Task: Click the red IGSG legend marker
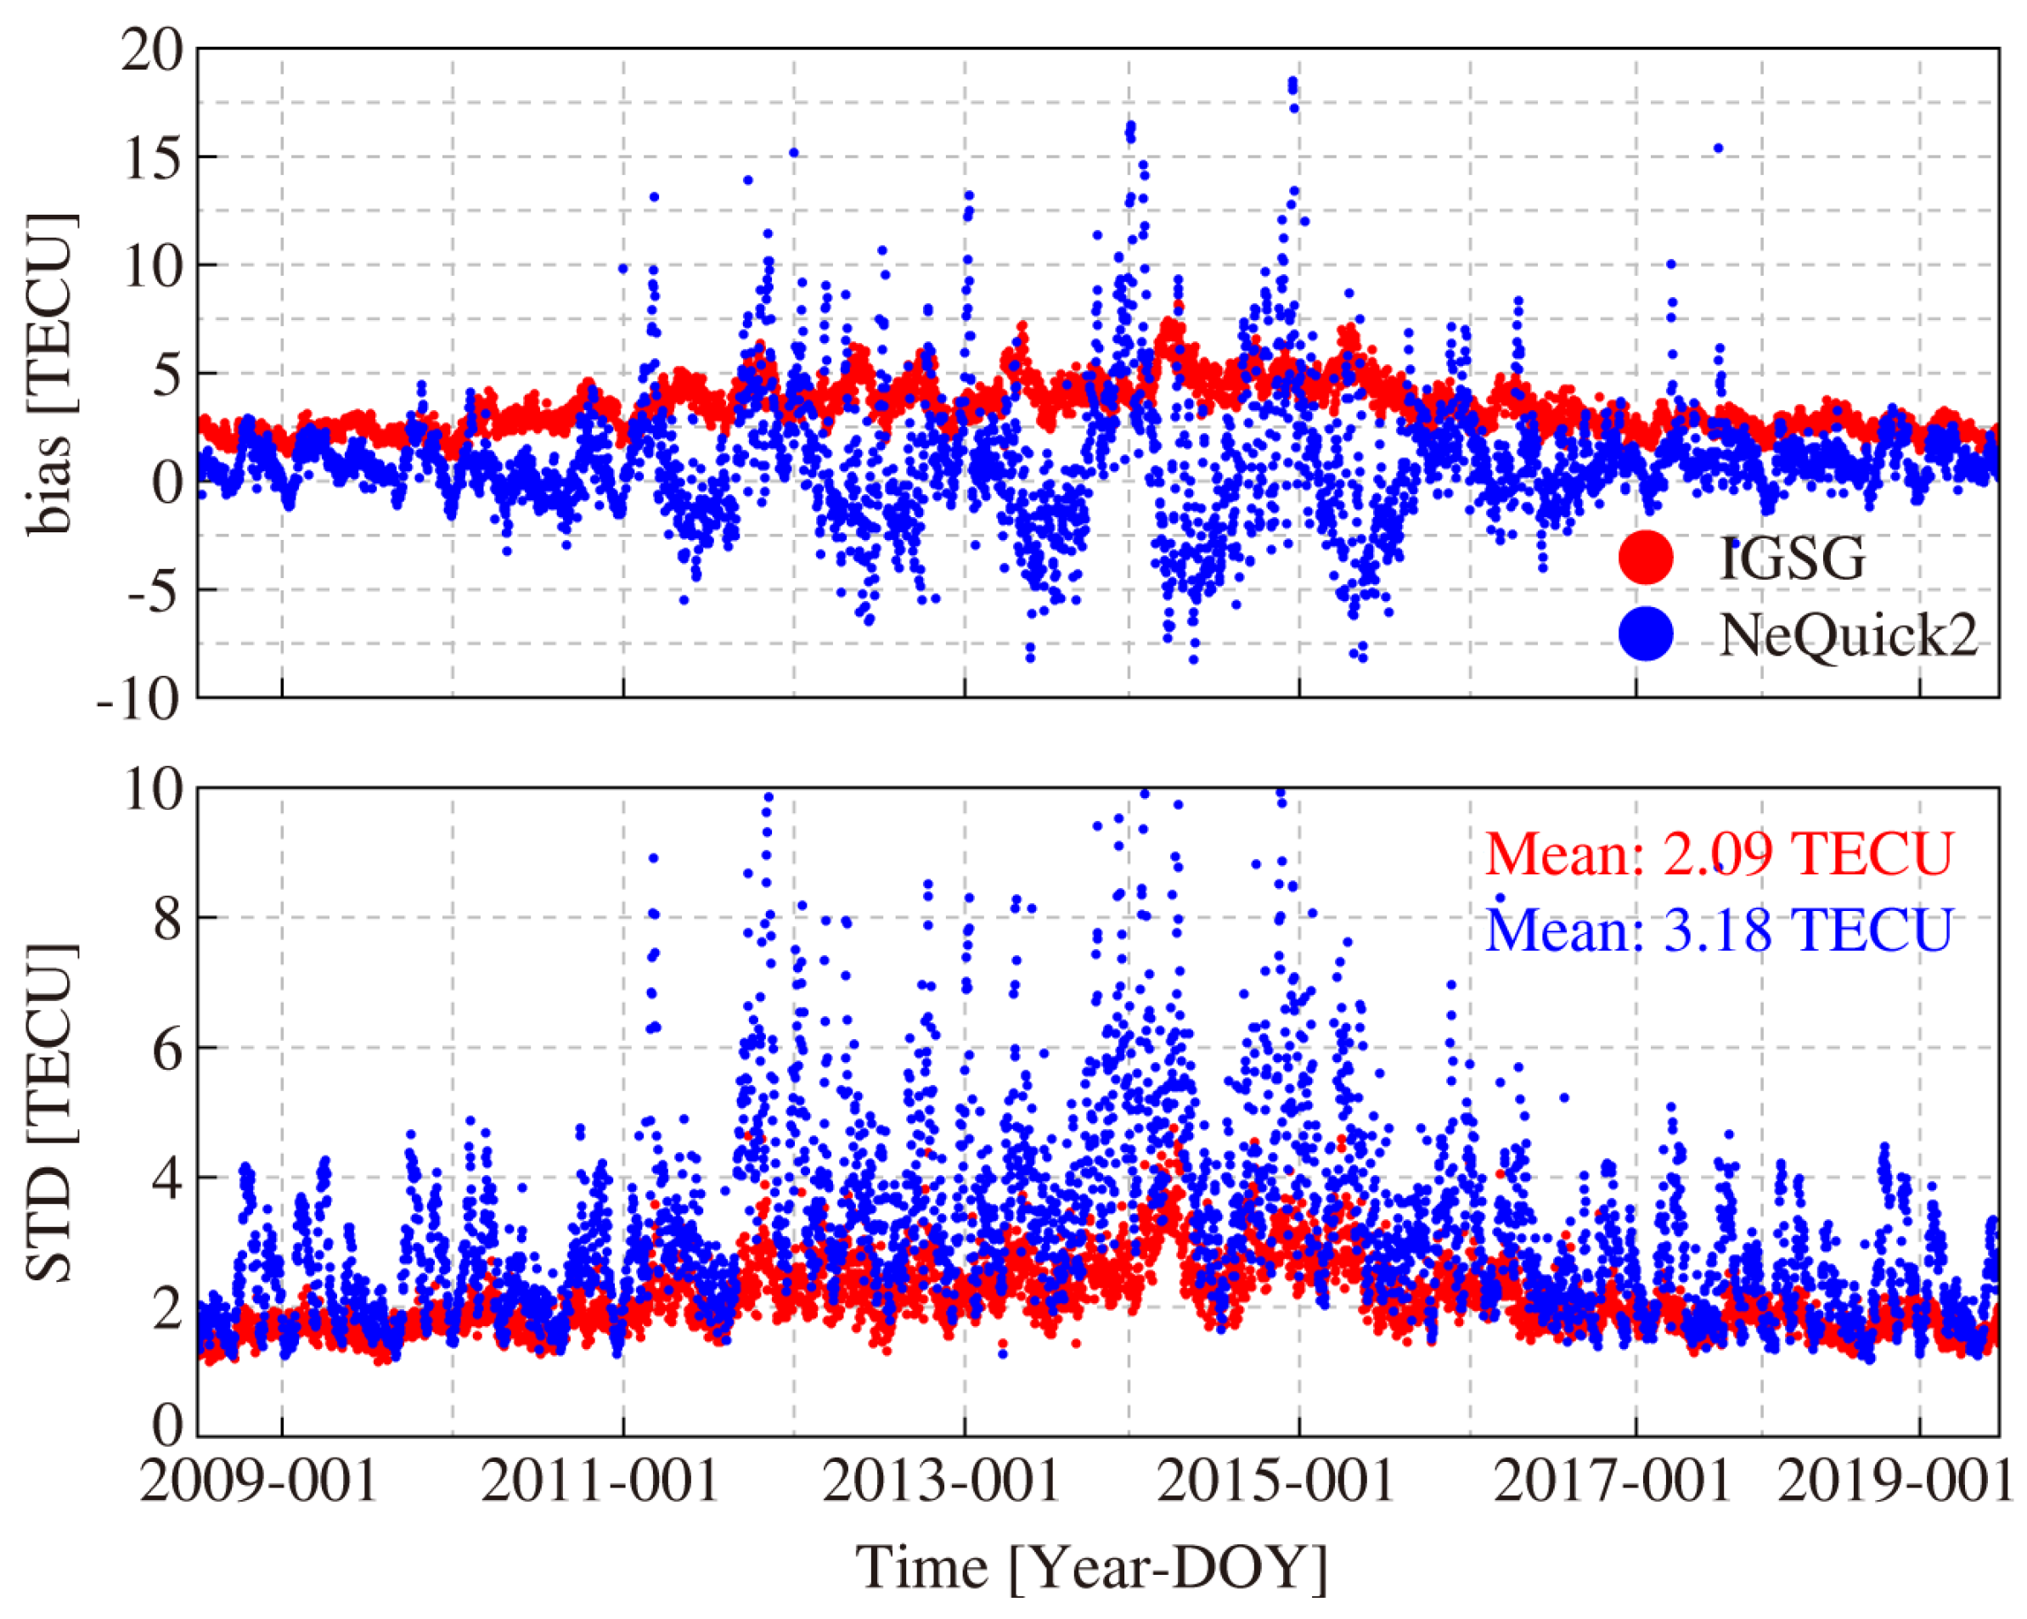(1646, 558)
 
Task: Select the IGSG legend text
(1792, 559)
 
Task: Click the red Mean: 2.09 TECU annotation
(1719, 854)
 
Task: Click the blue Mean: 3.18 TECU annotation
(1719, 930)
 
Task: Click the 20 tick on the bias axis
(150, 50)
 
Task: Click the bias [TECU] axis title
(49, 374)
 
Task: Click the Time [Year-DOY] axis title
(1090, 1567)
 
